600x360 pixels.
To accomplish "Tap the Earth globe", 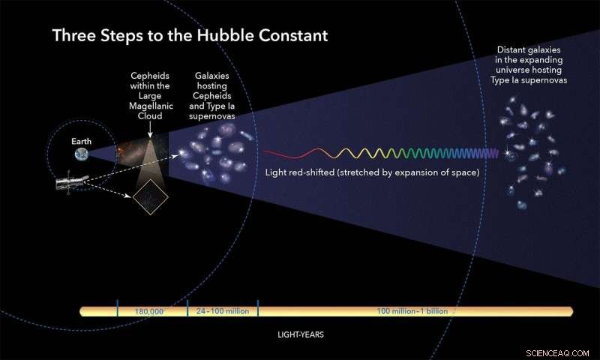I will pyautogui.click(x=81, y=154).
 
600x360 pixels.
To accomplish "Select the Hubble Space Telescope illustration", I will pyautogui.click(x=73, y=184).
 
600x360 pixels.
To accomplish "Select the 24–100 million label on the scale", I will pyautogui.click(x=222, y=310).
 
